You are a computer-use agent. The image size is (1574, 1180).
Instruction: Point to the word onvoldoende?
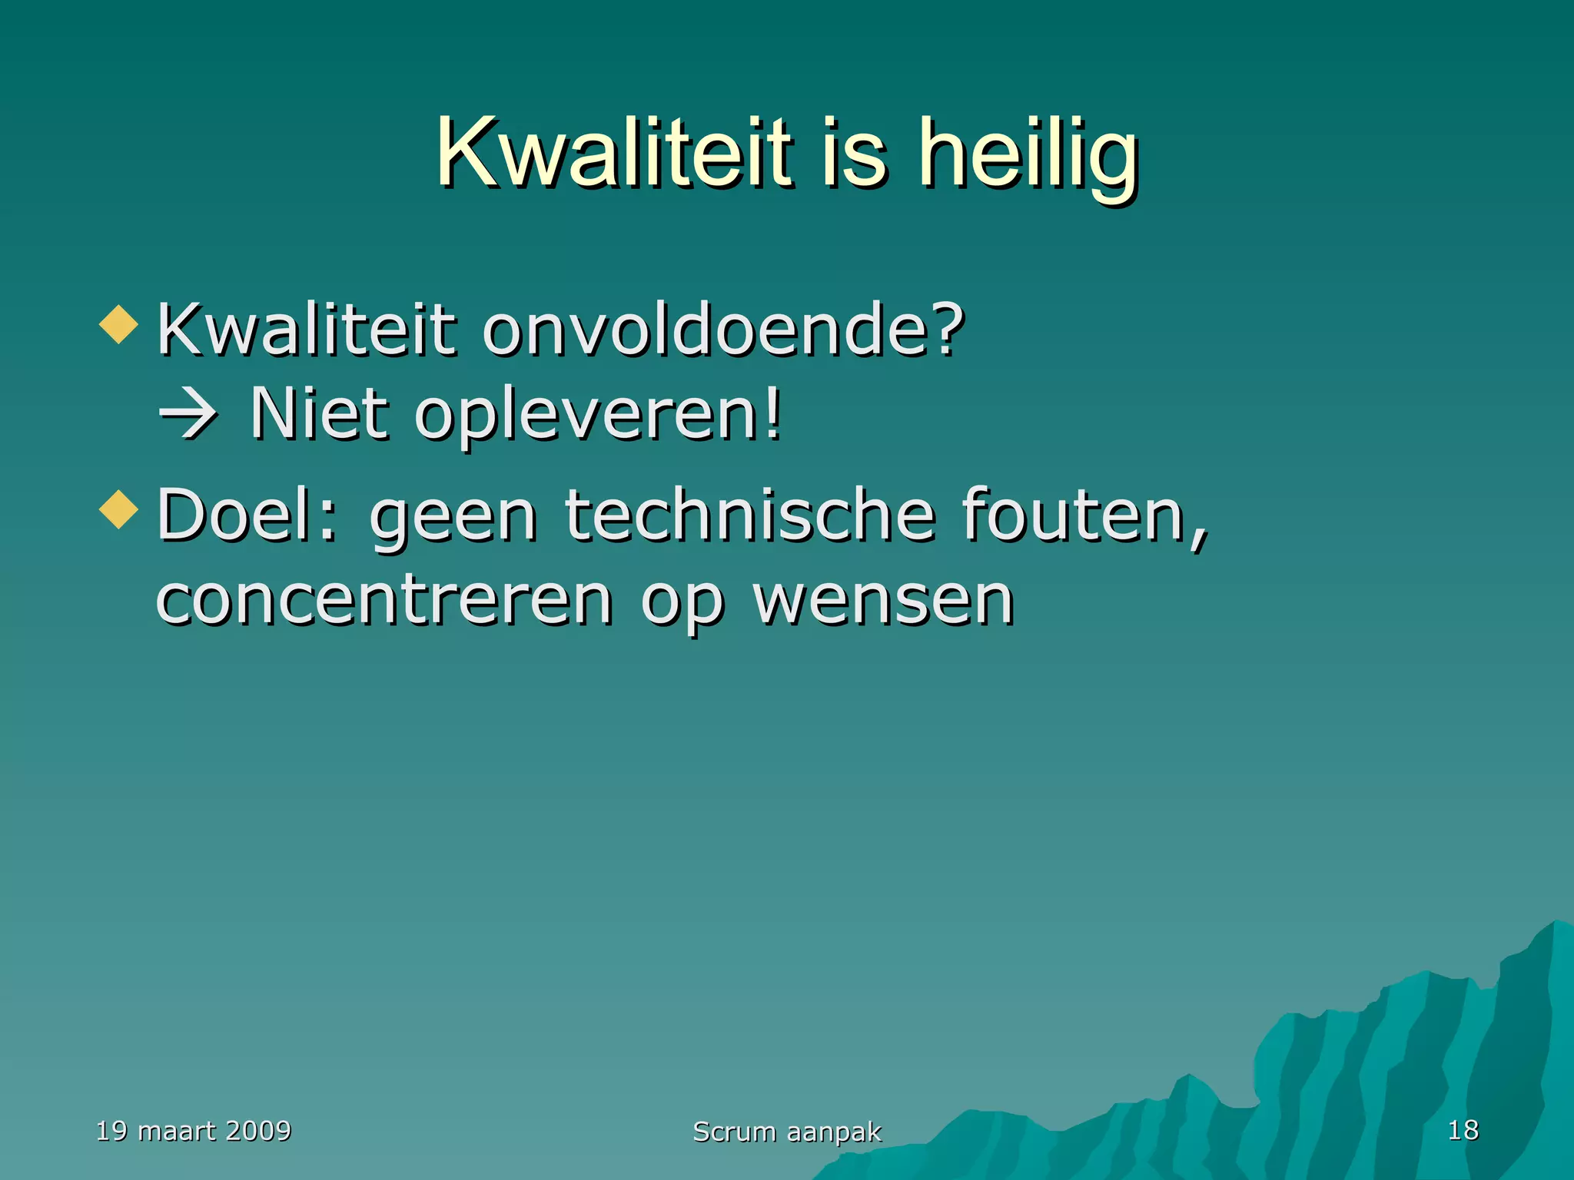[x=722, y=330]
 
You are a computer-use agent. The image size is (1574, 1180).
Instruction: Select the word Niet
[x=318, y=415]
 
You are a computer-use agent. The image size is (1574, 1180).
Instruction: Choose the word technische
[x=749, y=515]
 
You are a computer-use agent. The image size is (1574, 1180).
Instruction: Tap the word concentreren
[x=384, y=601]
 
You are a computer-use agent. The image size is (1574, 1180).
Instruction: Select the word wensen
[x=884, y=601]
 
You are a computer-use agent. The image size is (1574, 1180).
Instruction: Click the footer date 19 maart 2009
[x=194, y=1131]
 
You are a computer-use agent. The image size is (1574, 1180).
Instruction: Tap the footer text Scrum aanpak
[x=787, y=1132]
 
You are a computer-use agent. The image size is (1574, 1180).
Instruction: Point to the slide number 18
[x=1463, y=1130]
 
